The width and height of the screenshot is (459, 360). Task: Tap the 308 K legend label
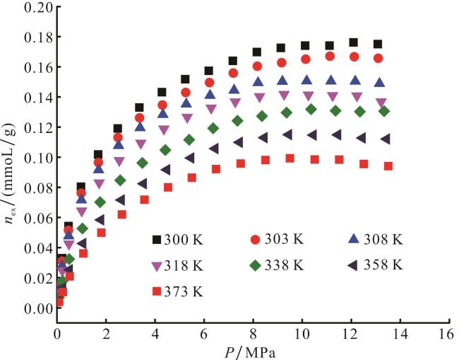coord(383,240)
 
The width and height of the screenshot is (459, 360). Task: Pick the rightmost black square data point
coord(378,45)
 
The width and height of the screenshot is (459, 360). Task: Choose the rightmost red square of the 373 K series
coord(388,166)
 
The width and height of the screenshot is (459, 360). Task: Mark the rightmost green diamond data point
coord(384,111)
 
